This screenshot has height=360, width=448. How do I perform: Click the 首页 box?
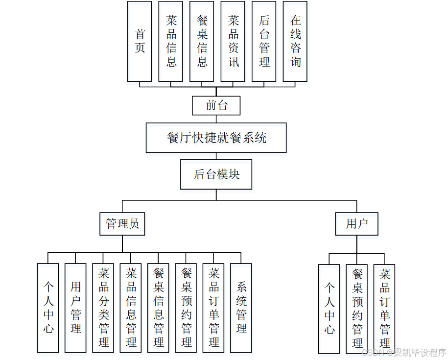point(140,41)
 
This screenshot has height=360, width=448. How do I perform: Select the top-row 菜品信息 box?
point(171,41)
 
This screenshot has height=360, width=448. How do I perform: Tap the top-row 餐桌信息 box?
point(202,41)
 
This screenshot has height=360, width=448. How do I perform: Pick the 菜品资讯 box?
point(233,41)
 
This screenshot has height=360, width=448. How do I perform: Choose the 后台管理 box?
point(264,41)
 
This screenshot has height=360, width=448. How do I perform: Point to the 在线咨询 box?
point(295,41)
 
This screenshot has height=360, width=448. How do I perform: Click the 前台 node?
point(216,105)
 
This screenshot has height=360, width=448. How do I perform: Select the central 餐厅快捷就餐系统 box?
point(216,138)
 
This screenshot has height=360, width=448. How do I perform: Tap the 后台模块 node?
point(216,174)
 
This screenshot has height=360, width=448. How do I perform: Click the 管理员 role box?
point(122,224)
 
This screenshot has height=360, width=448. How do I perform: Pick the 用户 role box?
point(356,224)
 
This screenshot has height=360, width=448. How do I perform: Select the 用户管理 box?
point(75,308)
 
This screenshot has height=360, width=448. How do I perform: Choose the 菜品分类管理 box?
point(103,308)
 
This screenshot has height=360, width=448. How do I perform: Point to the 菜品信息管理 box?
point(131,308)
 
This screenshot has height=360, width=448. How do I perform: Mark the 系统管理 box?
point(241,308)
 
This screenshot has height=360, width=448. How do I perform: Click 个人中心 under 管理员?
point(48,308)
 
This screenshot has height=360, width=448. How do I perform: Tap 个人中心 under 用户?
point(329,309)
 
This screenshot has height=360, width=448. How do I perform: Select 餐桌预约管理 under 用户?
point(357,309)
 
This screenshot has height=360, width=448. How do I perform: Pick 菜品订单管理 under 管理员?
point(213,308)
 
